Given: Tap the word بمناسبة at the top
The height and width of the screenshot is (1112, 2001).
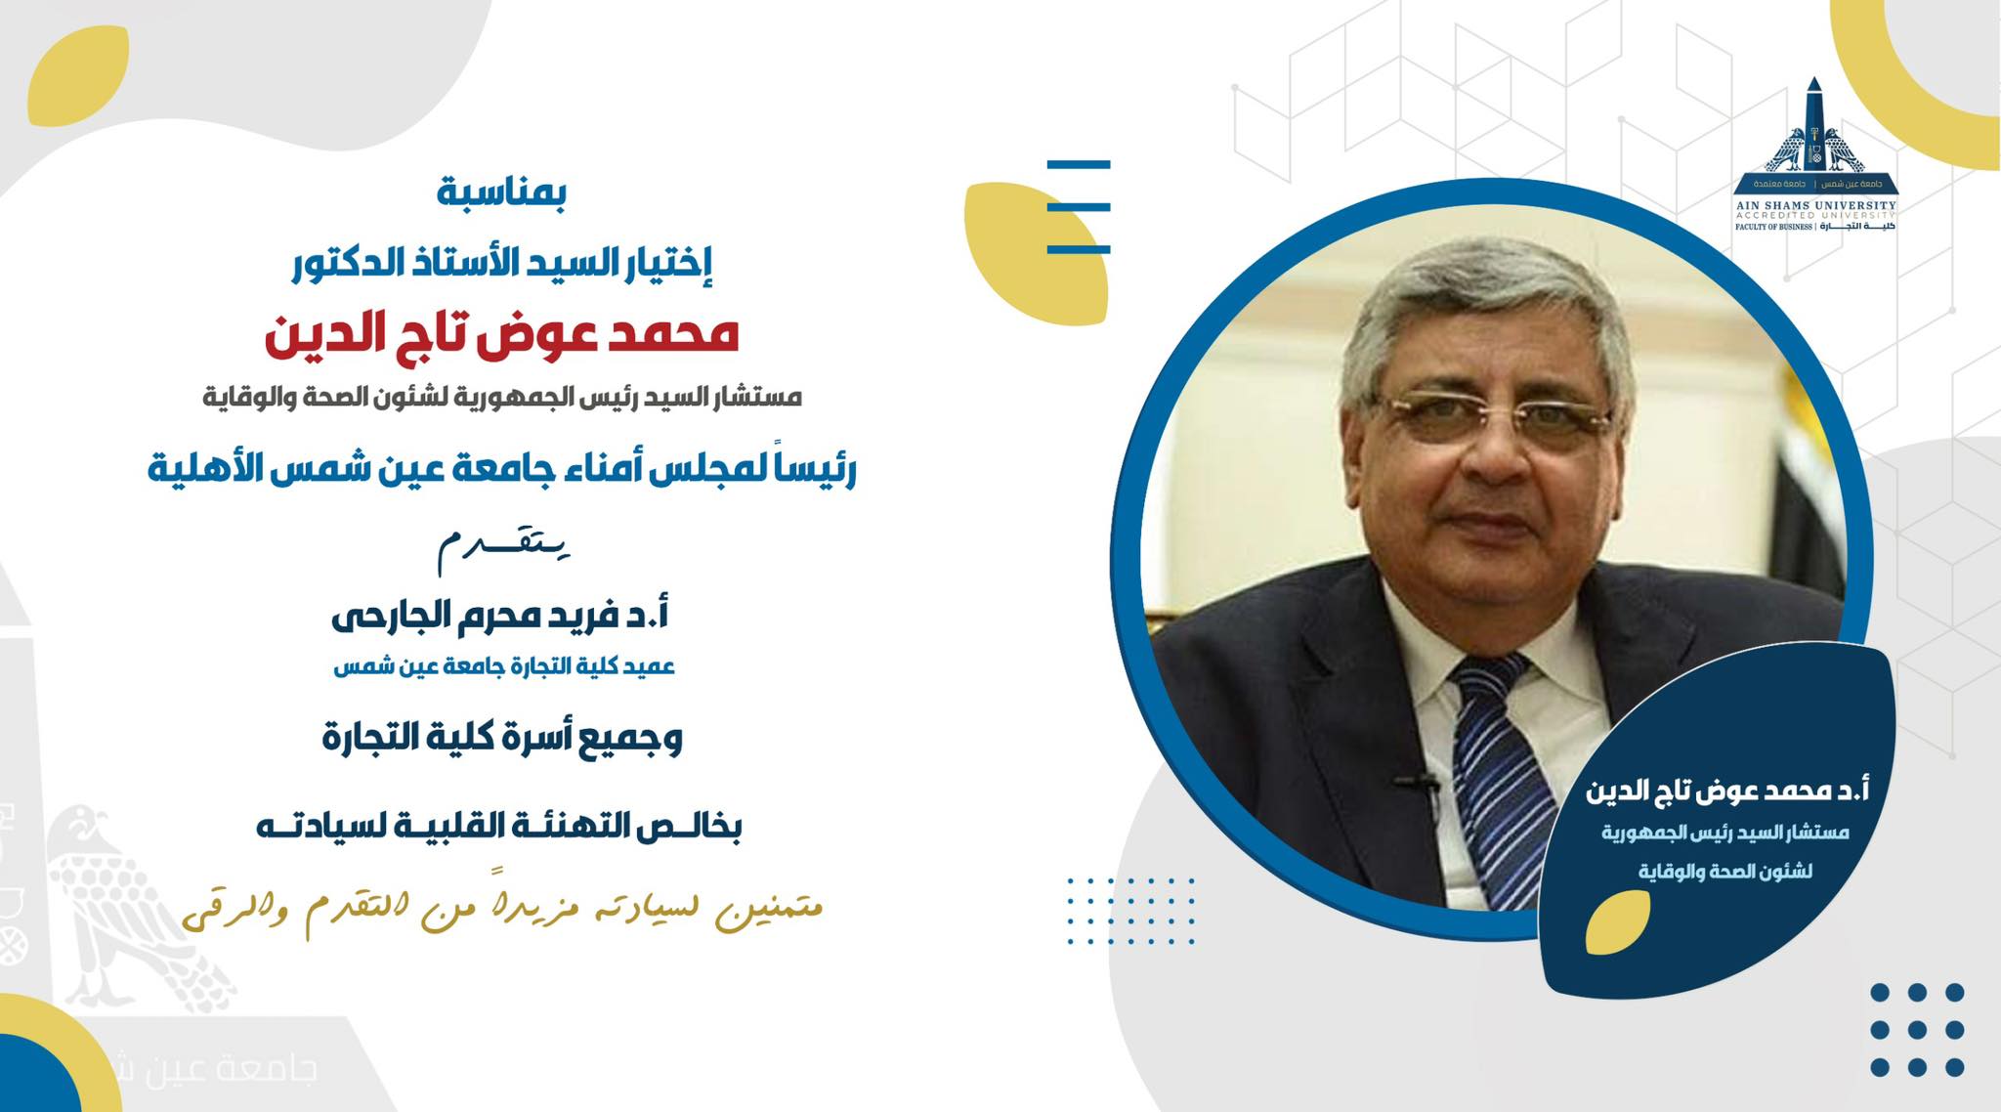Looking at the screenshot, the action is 501,192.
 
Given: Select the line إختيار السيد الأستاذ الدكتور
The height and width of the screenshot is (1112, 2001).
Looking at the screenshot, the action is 502,261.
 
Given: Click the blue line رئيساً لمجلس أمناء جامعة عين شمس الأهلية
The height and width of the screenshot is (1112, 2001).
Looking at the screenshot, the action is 502,470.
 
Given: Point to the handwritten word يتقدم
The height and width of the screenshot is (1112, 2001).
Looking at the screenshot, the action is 503,548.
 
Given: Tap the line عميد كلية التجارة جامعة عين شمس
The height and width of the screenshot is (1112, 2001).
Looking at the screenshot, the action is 504,666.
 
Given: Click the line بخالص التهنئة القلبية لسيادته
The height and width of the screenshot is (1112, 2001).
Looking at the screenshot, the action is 499,827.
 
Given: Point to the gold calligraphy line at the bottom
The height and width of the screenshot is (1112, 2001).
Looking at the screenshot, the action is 503,911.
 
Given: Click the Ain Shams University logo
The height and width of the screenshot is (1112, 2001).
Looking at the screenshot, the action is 1815,156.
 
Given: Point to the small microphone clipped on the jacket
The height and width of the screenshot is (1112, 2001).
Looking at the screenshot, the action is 1416,782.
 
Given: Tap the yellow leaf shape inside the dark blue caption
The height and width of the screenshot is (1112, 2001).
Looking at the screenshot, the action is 1617,922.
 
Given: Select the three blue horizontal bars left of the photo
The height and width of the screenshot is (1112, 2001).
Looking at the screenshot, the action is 1079,206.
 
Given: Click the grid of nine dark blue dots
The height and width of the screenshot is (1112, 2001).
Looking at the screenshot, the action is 1916,1030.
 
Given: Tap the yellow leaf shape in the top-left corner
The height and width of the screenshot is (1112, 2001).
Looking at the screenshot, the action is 78,75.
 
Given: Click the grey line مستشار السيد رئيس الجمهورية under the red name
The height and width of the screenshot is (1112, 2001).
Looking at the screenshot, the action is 502,398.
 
